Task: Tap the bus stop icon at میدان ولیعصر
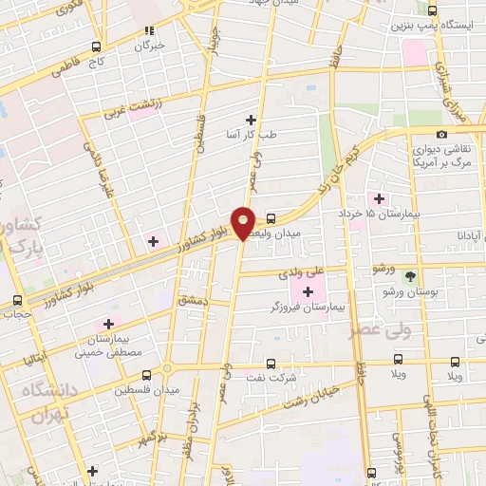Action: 271,217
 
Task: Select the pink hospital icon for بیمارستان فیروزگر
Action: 308,289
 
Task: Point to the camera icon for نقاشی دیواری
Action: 441,135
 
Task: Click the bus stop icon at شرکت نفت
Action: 271,363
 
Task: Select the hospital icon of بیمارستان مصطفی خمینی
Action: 111,325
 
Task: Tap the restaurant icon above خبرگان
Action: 148,29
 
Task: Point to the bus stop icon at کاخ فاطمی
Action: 98,46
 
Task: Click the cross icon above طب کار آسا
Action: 251,119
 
